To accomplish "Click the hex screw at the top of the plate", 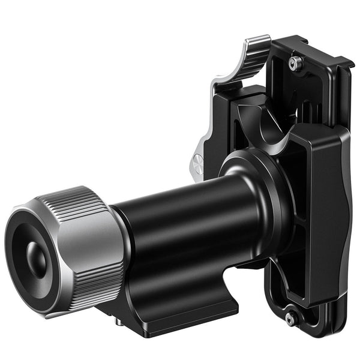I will coord(295,62).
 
